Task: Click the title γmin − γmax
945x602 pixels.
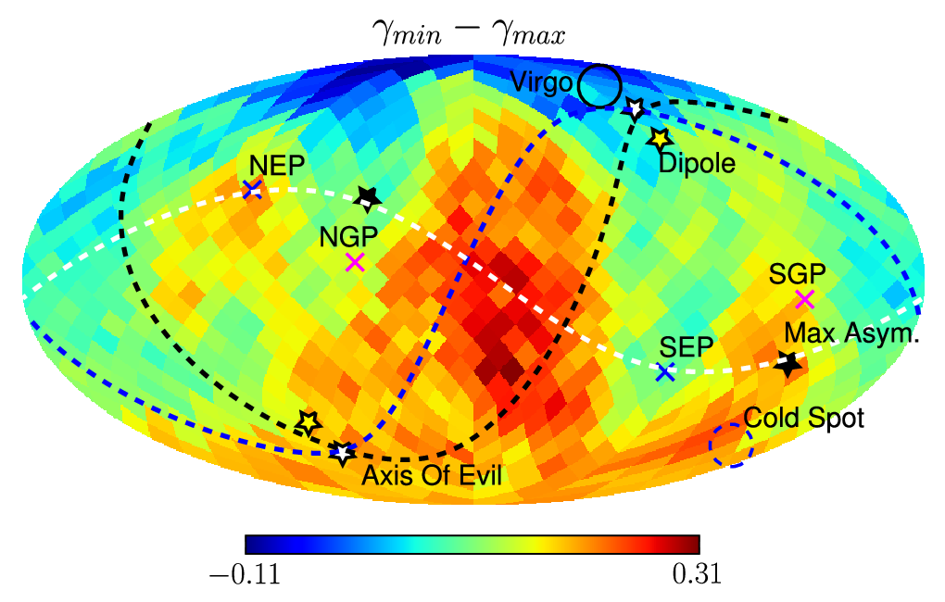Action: coord(469,33)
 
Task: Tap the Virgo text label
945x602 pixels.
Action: coord(541,82)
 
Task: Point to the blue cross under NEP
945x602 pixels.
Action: coord(252,188)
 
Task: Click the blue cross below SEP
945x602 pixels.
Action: coord(665,371)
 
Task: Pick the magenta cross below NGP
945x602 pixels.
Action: coord(355,262)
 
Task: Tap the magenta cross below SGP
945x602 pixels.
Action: coord(804,299)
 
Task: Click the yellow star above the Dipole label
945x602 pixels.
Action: coord(659,139)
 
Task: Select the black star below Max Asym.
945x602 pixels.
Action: coord(787,363)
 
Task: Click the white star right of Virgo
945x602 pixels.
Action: coord(634,108)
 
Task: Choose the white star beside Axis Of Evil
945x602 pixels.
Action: coord(342,453)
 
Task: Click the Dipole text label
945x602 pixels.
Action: coord(697,163)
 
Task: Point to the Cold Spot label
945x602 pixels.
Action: coord(803,418)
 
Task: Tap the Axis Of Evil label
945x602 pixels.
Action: coord(432,475)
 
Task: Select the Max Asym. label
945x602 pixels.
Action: coord(851,333)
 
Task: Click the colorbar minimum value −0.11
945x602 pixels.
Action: coord(246,574)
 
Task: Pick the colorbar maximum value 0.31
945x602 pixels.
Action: coord(697,574)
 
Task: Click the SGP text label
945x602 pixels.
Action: coord(797,275)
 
